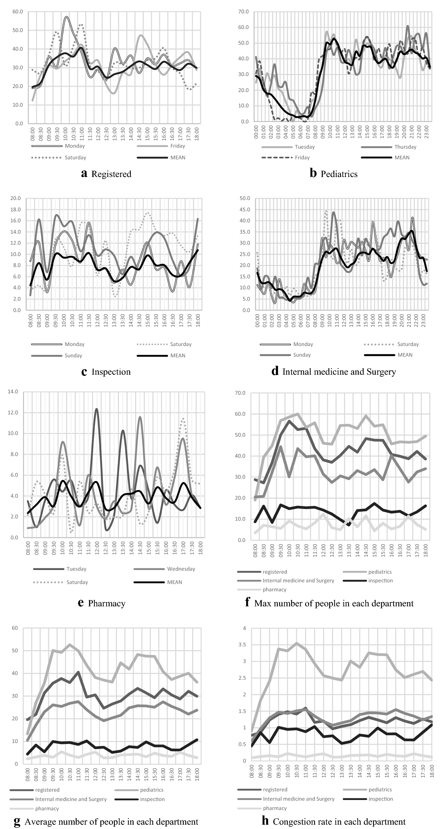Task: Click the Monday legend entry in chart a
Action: pyautogui.click(x=75, y=146)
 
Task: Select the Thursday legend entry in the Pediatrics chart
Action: pyautogui.click(x=405, y=147)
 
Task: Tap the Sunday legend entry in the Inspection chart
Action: pyautogui.click(x=73, y=355)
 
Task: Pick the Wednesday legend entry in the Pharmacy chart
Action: pyautogui.click(x=181, y=569)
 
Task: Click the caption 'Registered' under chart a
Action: pyautogui.click(x=111, y=174)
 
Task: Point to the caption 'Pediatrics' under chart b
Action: pyautogui.click(x=339, y=174)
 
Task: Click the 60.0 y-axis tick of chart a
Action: pyautogui.click(x=17, y=12)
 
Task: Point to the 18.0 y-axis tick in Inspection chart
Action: pyautogui.click(x=15, y=209)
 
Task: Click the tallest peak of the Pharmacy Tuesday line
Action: pyautogui.click(x=97, y=409)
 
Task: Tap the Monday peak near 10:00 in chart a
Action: pyautogui.click(x=67, y=17)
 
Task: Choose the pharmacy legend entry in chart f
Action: pyautogui.click(x=274, y=589)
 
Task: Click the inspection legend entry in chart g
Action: pyautogui.click(x=152, y=799)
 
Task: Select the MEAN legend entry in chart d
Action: pyautogui.click(x=405, y=355)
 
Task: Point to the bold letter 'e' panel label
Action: pyautogui.click(x=81, y=603)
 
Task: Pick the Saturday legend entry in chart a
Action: pyautogui.click(x=75, y=157)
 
